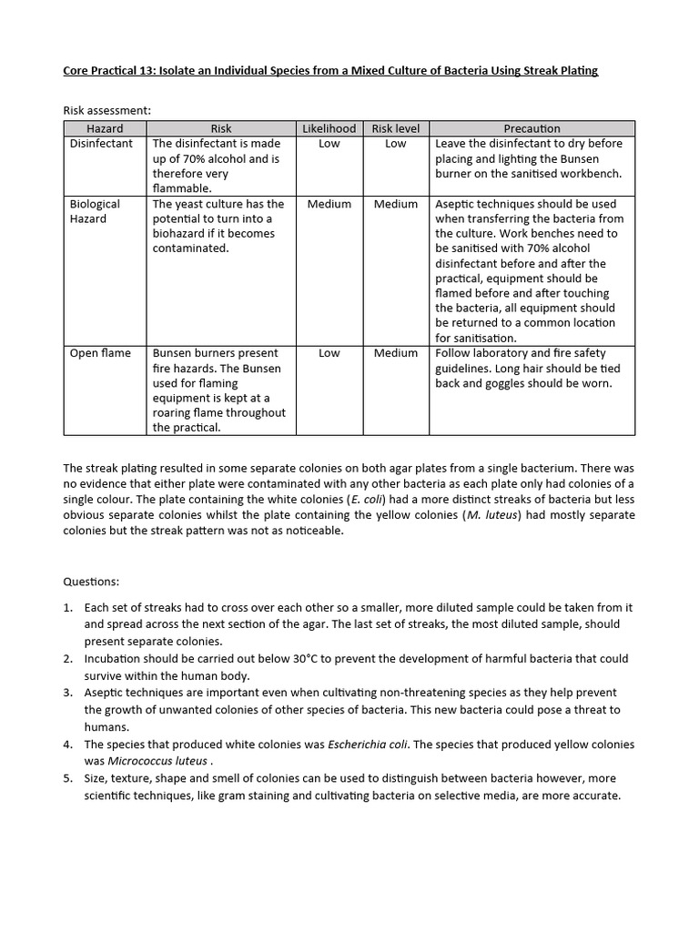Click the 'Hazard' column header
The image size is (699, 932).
(105, 128)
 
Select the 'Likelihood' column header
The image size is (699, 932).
(329, 128)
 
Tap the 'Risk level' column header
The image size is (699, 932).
(395, 128)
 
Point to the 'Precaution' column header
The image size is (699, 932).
(532, 128)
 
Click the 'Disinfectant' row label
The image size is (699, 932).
(101, 144)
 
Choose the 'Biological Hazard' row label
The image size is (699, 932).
(95, 211)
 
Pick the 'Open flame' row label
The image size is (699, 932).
(100, 353)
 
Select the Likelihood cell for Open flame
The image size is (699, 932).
(329, 353)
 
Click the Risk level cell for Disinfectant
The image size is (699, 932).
(395, 144)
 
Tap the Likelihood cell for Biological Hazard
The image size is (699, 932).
(329, 204)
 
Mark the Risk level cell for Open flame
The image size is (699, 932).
(395, 353)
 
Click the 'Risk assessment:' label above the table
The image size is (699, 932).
(106, 110)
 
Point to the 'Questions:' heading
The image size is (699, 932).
(91, 581)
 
